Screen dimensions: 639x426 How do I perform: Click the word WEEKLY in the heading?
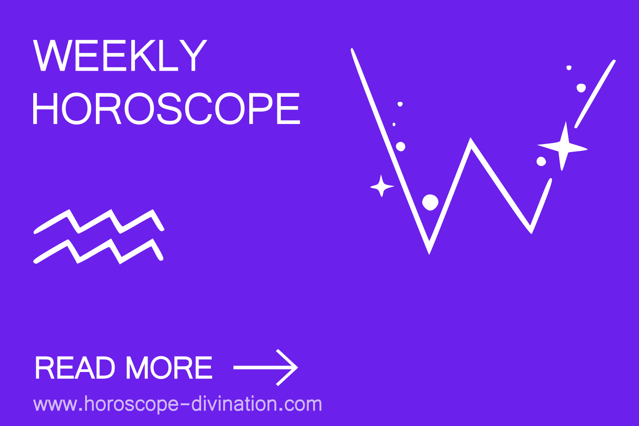point(120,55)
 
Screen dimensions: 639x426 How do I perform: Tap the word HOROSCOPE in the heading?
point(166,109)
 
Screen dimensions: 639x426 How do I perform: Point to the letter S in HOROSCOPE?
point(170,109)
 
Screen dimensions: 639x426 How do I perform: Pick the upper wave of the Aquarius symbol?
point(99,222)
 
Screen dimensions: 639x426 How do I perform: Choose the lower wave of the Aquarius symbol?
point(98,251)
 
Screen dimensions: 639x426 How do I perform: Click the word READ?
point(75,368)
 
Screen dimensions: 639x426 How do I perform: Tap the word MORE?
point(169,368)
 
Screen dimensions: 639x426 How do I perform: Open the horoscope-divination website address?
point(178,404)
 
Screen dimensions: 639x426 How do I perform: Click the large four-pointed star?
point(563,147)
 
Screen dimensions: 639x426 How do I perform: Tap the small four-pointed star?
point(382,186)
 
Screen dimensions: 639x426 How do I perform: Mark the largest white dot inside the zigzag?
point(430,202)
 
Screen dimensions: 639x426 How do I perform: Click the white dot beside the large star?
point(541,161)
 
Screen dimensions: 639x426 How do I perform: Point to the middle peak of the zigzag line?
point(471,139)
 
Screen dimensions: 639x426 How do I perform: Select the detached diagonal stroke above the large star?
point(595,94)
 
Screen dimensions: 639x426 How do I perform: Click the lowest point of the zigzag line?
point(429,253)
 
